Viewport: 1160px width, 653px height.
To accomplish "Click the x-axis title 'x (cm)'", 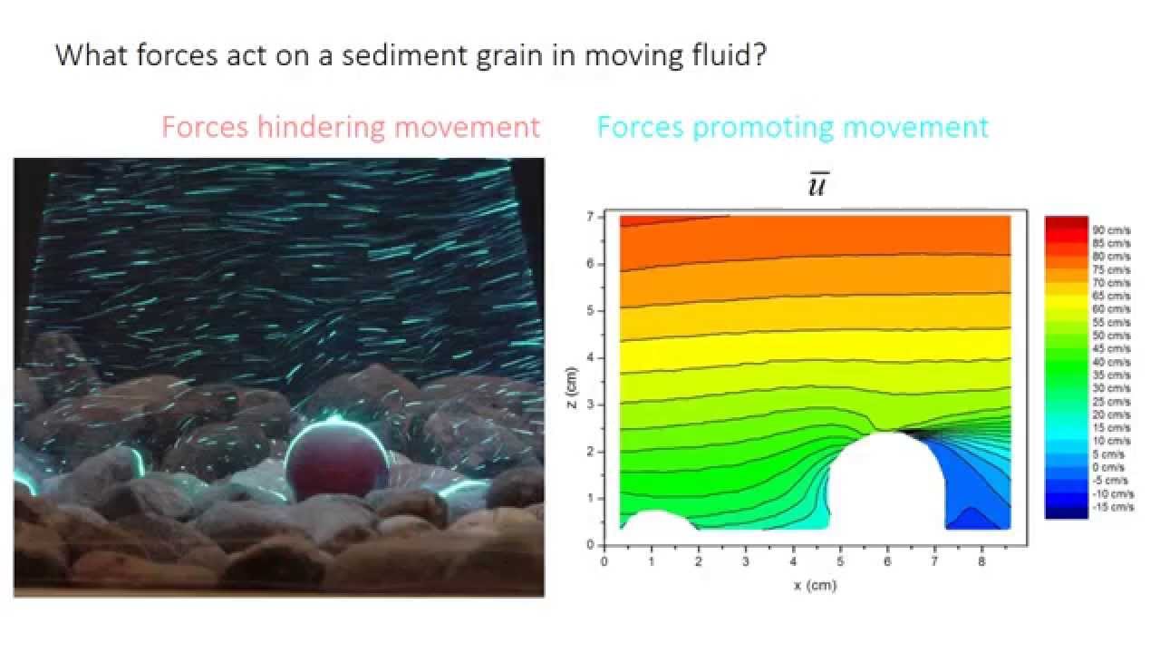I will (815, 586).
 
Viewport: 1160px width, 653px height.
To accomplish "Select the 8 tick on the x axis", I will (981, 561).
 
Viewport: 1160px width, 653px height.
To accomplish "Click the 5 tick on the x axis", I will (840, 561).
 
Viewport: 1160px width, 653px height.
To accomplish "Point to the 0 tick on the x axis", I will (604, 561).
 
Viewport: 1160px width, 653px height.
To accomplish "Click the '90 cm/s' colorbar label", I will (1111, 230).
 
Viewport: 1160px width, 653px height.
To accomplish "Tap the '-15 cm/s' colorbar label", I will (1114, 507).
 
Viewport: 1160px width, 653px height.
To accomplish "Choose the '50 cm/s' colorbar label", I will (1111, 336).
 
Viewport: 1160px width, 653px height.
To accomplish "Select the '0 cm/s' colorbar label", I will (1109, 467).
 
